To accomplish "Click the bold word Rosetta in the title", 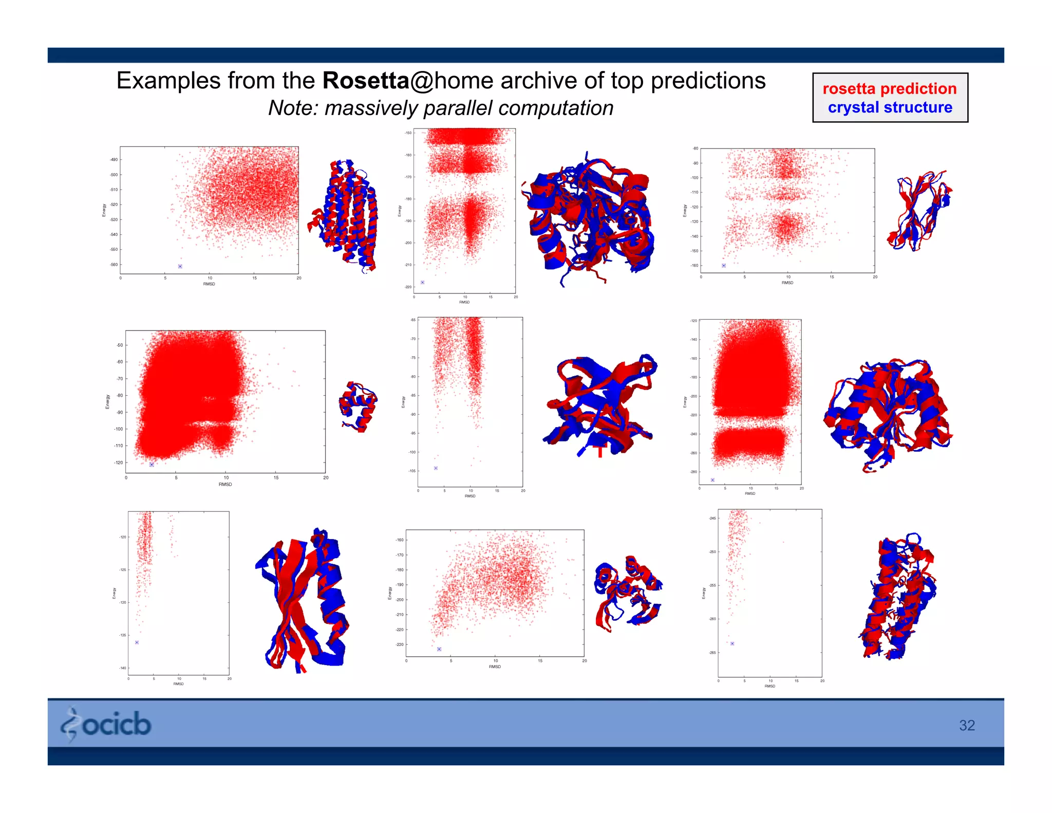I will [x=365, y=81].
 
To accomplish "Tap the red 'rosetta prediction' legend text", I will [x=889, y=88].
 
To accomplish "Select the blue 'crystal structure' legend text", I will [x=890, y=107].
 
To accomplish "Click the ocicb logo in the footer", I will [x=106, y=724].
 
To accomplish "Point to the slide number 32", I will [x=967, y=725].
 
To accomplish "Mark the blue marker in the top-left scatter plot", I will [x=180, y=266].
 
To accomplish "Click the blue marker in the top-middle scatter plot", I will [x=423, y=283].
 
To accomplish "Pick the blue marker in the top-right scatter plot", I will [x=724, y=266].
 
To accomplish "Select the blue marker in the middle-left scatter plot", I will [x=152, y=465].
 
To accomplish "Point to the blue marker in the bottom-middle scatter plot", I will [x=439, y=649].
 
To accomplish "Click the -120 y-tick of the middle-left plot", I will [x=119, y=463].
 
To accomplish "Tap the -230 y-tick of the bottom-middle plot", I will [x=400, y=644].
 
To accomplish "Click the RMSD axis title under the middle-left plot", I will [x=225, y=484].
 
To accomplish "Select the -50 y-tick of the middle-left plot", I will [x=120, y=345].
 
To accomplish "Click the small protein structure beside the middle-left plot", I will [x=358, y=406].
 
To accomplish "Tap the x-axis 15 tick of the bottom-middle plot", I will [x=540, y=661].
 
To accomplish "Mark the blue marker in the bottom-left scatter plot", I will [x=137, y=642].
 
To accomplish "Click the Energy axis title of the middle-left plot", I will [x=107, y=401].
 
